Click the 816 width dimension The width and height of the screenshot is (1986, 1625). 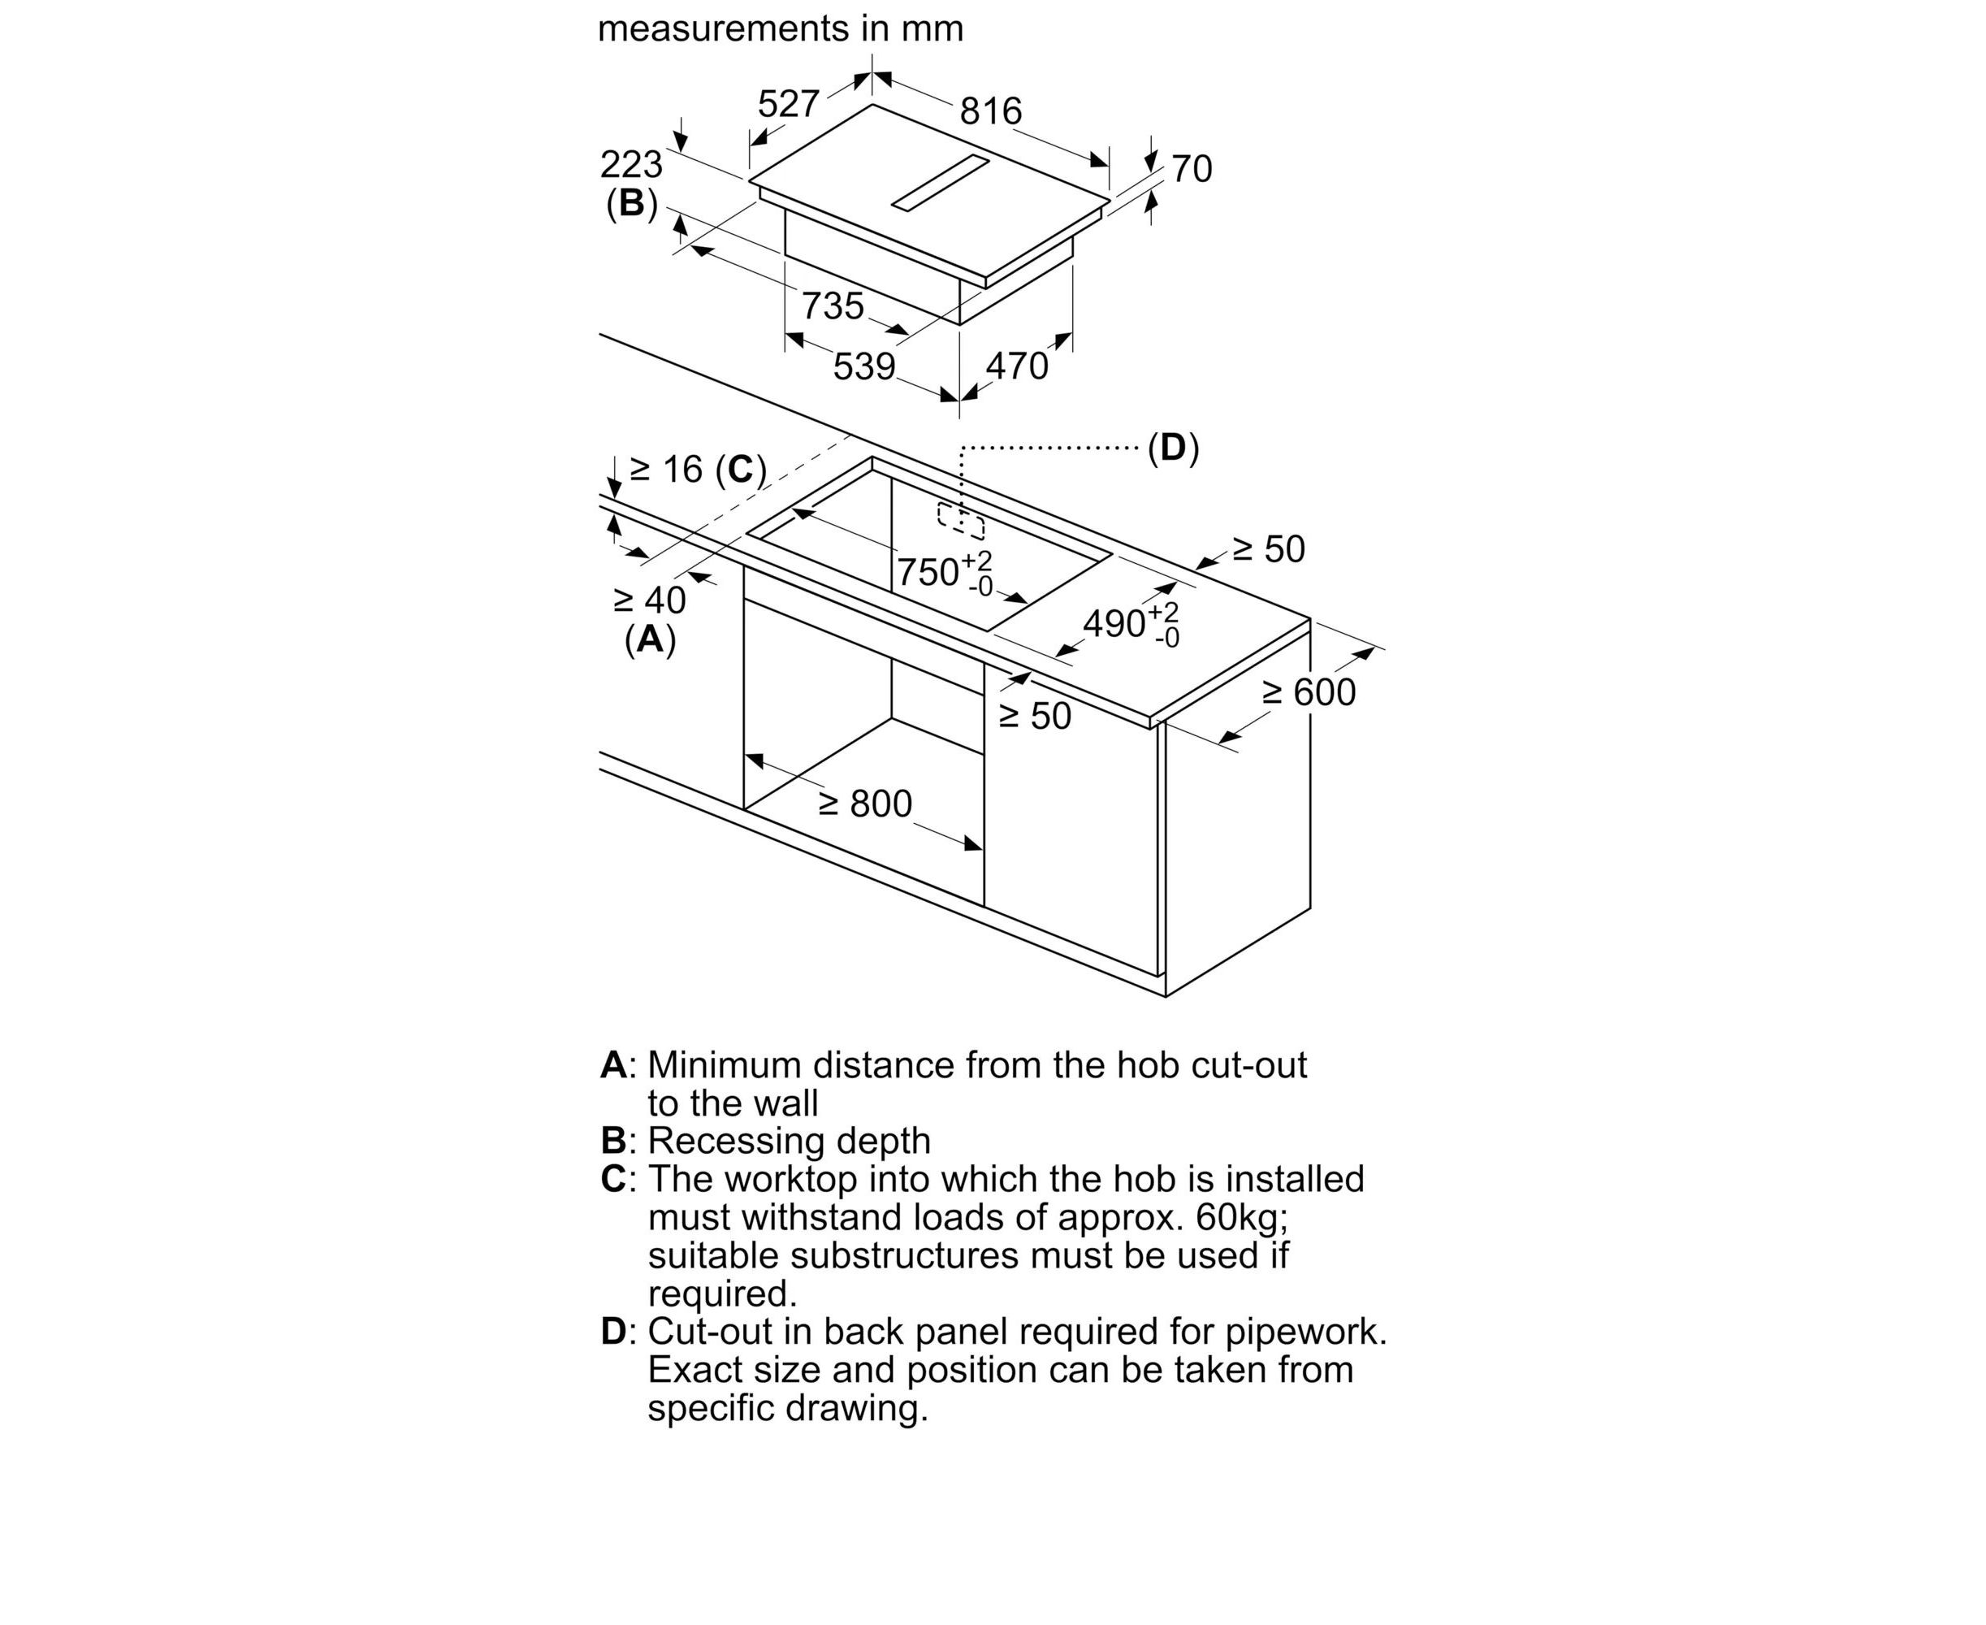pos(990,111)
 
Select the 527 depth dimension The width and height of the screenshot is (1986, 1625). pos(788,104)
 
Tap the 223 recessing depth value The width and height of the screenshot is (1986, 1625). pos(631,166)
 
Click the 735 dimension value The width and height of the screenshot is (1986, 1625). pos(832,306)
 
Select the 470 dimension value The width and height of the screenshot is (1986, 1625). pos(1016,366)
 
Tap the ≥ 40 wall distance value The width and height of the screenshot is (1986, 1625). pos(650,600)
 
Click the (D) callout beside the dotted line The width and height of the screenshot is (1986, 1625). pos(1173,448)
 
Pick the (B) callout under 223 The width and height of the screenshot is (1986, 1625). pos(632,203)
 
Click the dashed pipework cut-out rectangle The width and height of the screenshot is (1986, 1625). pos(961,521)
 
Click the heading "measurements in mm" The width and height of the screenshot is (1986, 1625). pos(780,29)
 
